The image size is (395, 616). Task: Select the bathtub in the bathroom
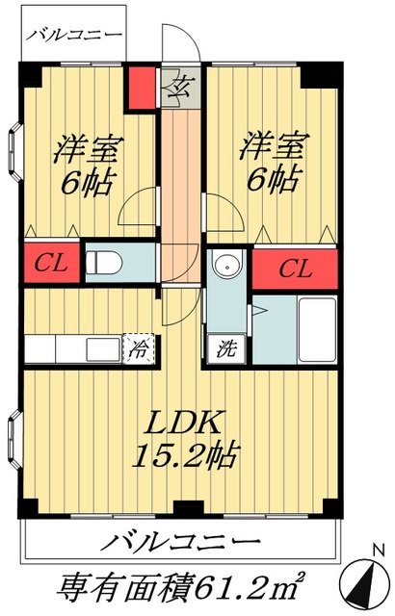(317, 329)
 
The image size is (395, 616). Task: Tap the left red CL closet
(44, 265)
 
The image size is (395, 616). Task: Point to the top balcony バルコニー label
(74, 36)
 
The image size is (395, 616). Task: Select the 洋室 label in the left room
(80, 149)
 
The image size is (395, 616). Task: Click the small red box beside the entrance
(143, 87)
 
